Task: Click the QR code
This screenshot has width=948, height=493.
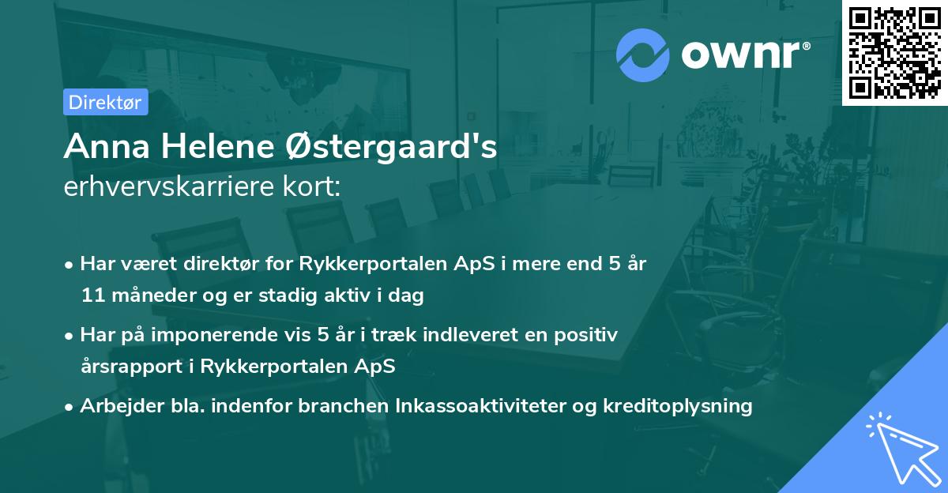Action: (x=893, y=52)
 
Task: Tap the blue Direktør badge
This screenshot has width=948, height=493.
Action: (x=105, y=102)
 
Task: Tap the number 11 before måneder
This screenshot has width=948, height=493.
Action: (x=90, y=296)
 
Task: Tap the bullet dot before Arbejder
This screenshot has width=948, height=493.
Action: (x=70, y=406)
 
